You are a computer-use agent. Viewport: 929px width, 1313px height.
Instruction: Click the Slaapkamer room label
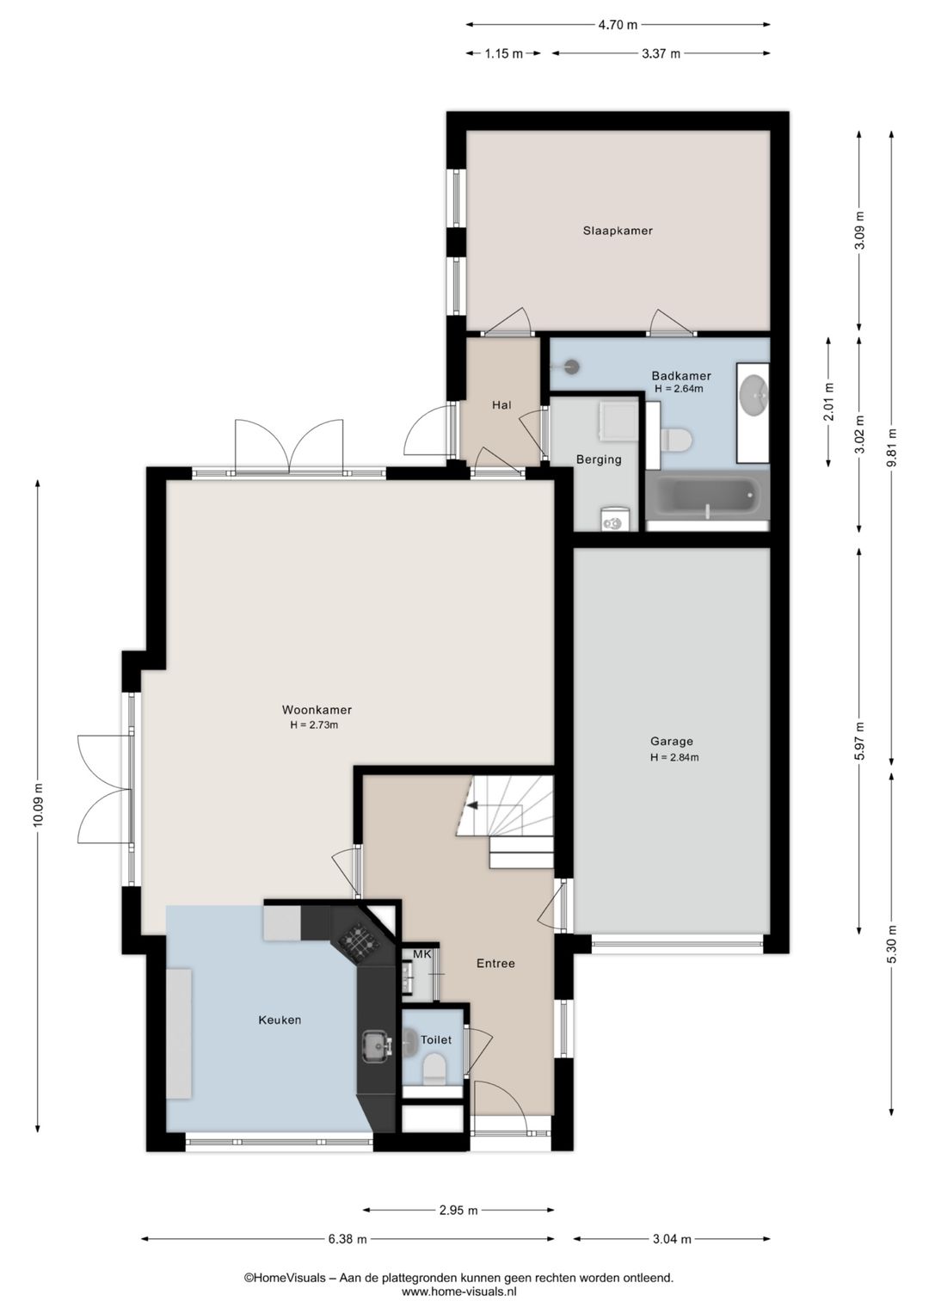tap(618, 231)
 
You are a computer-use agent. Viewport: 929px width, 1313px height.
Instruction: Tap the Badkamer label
tap(681, 376)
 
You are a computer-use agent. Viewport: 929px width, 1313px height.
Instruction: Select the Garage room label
tap(671, 742)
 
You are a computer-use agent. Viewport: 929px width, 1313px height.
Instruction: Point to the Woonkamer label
tap(317, 710)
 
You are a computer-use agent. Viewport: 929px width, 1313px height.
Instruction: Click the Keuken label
tap(280, 1020)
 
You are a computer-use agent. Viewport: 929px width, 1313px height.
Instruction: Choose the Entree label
tap(495, 963)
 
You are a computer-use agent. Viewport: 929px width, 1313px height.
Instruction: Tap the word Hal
tap(501, 404)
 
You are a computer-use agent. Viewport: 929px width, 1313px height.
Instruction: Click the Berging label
tap(599, 459)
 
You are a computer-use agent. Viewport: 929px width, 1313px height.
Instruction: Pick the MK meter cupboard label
tap(422, 954)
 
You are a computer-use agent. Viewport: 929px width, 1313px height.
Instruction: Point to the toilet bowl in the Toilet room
tap(434, 1068)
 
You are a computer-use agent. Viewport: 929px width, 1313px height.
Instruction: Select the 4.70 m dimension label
tap(617, 25)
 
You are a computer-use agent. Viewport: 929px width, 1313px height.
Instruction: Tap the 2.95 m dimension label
tap(458, 1210)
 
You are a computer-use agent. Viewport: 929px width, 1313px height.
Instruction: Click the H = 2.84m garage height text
tap(674, 757)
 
